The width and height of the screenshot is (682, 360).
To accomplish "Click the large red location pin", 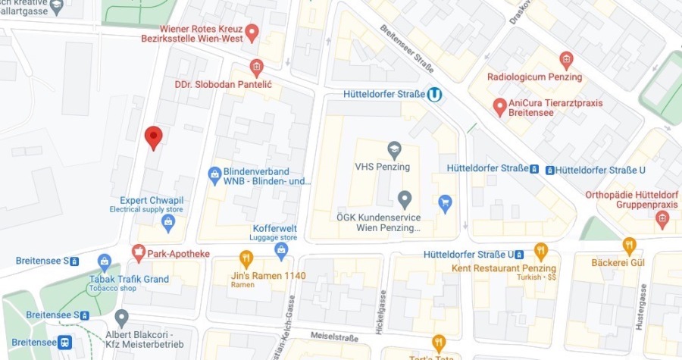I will click(153, 137).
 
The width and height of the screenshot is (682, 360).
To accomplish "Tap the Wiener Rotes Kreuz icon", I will click(252, 33).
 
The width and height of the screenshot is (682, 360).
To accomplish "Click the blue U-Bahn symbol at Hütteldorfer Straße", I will click(434, 95).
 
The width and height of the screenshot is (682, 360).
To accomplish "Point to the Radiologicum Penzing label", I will click(533, 77).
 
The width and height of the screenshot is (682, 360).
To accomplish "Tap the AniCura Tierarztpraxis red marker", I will click(499, 106).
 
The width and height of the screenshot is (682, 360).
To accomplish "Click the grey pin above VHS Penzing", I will click(393, 149).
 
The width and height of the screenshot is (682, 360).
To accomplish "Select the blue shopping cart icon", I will click(446, 202).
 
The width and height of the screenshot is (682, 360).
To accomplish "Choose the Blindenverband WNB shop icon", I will click(215, 176).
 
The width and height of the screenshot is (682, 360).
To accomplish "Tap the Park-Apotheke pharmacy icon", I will click(139, 252).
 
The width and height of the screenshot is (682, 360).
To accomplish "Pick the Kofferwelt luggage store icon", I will click(282, 251).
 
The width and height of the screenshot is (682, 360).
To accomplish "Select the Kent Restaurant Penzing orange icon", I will click(540, 251).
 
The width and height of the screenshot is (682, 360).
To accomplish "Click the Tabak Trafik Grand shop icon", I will click(105, 263).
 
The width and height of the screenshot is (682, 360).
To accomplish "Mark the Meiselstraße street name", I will click(333, 335).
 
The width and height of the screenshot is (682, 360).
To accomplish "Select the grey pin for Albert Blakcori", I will click(121, 317).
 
